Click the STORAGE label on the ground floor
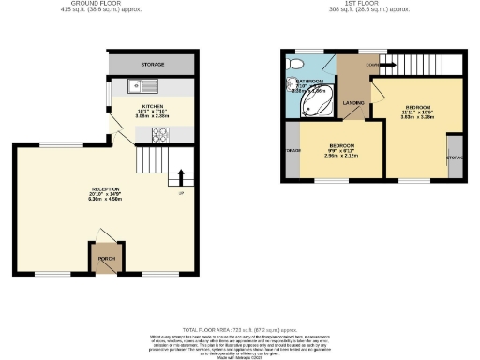pos(153,65)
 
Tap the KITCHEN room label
pos(153,107)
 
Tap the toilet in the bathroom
pos(296,63)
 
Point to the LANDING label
pos(353,102)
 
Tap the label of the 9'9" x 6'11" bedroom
pos(341,146)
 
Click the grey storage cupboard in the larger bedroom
pos(454,157)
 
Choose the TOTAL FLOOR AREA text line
pos(239,329)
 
